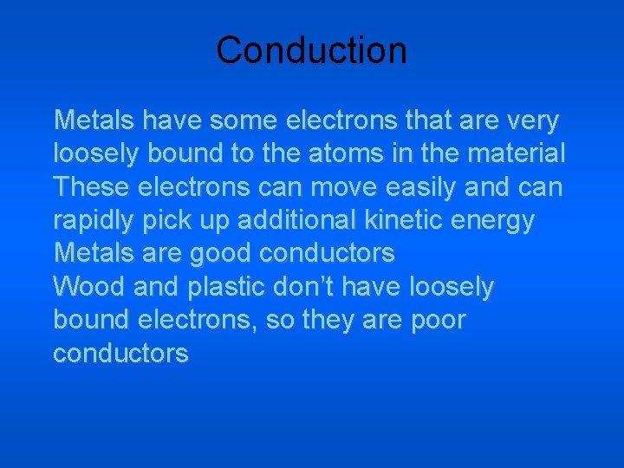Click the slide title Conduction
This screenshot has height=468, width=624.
point(311,50)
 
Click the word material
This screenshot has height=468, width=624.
point(517,154)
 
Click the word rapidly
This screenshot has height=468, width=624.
point(96,221)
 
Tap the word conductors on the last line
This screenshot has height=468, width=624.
point(120,354)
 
